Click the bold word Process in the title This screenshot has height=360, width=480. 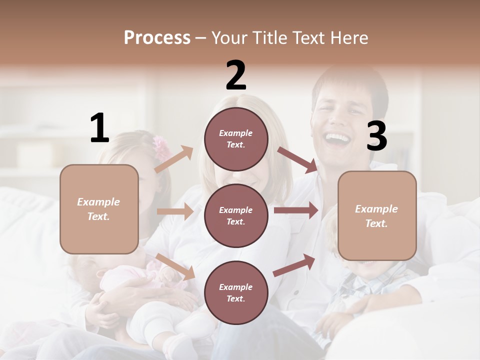coord(157,38)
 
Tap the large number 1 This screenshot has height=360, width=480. coord(99,128)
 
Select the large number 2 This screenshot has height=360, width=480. coord(236,75)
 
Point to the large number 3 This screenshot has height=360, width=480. coord(376,136)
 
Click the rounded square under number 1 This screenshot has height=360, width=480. coord(99,209)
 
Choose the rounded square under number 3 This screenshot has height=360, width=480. coord(377,215)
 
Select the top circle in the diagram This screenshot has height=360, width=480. coord(236,139)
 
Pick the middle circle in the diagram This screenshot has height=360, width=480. coord(236,215)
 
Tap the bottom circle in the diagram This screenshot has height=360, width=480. coord(236,292)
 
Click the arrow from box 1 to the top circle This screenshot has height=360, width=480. coord(173,159)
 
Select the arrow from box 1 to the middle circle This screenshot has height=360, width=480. coord(175,211)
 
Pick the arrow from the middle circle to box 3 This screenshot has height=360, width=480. coord(296,210)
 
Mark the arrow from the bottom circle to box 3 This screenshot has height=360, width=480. coord(294,265)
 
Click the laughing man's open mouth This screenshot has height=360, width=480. coord(338,137)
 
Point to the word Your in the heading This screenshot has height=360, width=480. coord(229,38)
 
